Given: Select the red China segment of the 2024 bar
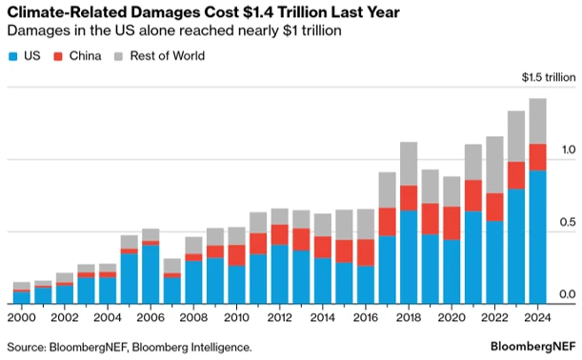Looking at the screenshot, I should [x=537, y=157].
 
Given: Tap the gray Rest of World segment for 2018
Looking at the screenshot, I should [x=408, y=163].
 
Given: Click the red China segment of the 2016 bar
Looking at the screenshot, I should [x=365, y=252].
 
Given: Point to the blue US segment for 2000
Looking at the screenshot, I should [x=21, y=297].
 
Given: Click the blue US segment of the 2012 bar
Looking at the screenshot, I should [x=279, y=273].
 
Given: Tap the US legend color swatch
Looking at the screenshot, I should [x=12, y=56].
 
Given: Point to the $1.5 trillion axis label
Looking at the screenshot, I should [x=548, y=77].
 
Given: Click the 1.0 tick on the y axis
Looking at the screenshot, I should [x=568, y=150].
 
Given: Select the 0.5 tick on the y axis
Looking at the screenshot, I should [x=568, y=222].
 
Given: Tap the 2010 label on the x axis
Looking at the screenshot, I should [x=236, y=317].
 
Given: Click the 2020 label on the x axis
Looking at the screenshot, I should [x=451, y=317].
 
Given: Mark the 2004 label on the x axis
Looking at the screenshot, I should [x=107, y=317].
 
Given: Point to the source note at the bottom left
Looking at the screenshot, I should [x=130, y=347].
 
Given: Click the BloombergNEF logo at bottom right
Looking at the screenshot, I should [x=525, y=347].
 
